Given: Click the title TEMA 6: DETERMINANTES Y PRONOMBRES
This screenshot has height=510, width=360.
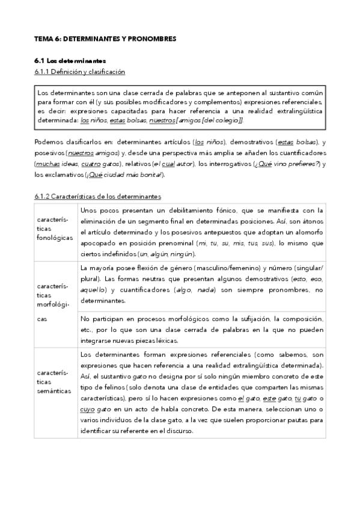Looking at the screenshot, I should [105, 38].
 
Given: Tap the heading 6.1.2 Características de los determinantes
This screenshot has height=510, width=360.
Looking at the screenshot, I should [97, 196].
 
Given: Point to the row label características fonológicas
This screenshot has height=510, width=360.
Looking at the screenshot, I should [54, 229].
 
